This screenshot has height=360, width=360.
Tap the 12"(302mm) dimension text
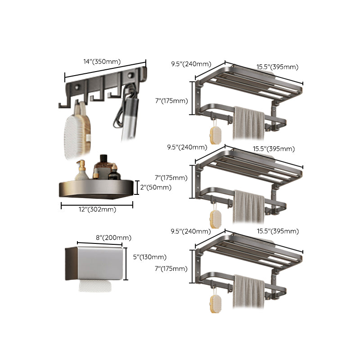(95, 209)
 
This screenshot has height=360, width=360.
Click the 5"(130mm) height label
(150, 257)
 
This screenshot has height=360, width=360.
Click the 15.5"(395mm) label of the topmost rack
(277, 67)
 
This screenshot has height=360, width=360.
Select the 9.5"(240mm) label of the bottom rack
(191, 231)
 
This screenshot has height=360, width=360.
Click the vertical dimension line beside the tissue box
(126, 263)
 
